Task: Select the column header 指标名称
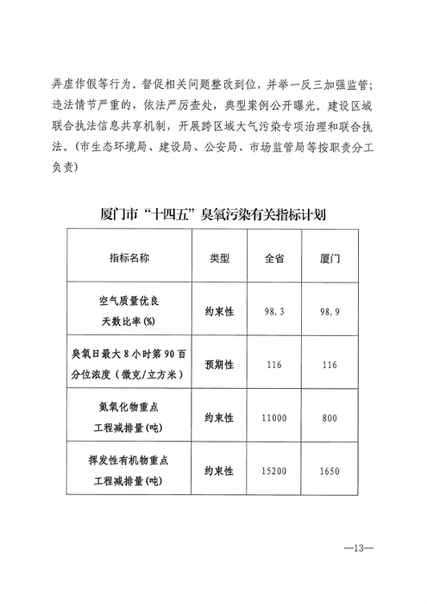[129, 258]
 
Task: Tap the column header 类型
[220, 258]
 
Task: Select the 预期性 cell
[220, 365]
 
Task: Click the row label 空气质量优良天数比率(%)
[129, 311]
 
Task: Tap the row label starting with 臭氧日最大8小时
[129, 365]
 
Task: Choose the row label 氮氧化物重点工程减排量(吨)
[129, 417]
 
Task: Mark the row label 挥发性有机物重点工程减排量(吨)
[129, 471]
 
